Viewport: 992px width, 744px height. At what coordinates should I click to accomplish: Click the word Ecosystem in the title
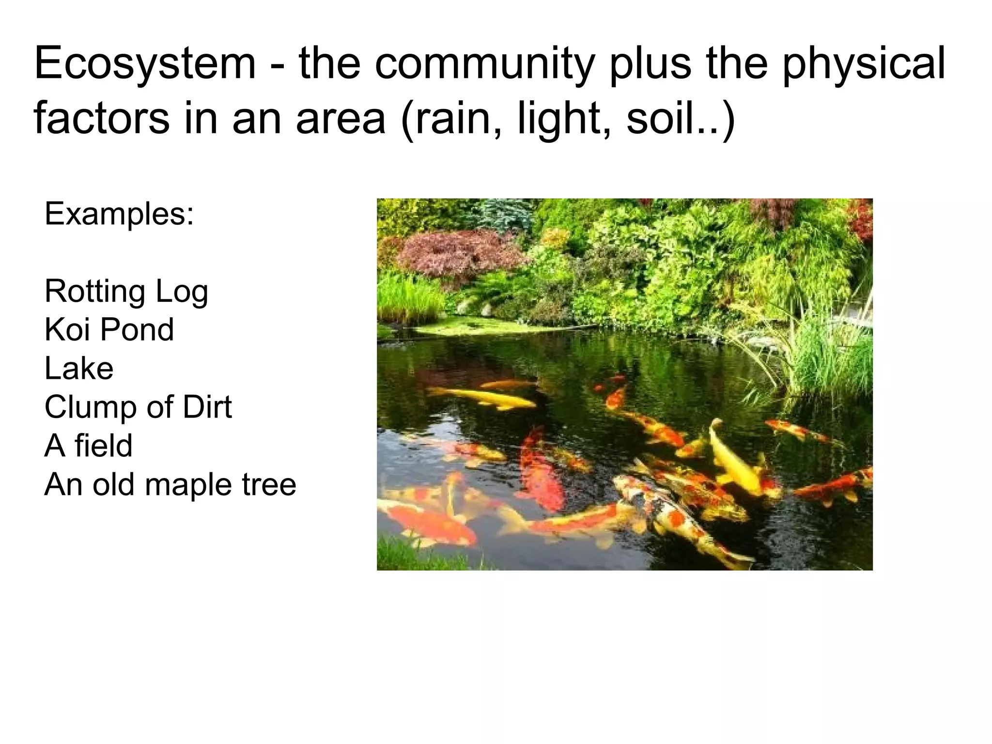[x=144, y=63]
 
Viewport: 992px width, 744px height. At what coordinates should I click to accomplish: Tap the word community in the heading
[x=484, y=63]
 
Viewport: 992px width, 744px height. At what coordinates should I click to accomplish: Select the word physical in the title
[x=863, y=63]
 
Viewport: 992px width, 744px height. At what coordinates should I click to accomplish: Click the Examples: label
[x=119, y=214]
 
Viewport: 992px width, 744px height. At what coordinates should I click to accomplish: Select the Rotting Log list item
[x=126, y=291]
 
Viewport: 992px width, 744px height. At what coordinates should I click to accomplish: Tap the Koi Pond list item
[x=109, y=330]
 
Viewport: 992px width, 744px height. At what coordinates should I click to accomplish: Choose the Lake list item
[x=79, y=368]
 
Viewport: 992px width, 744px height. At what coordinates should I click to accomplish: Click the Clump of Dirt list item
[x=138, y=407]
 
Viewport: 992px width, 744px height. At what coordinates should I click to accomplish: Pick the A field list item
[x=88, y=446]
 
